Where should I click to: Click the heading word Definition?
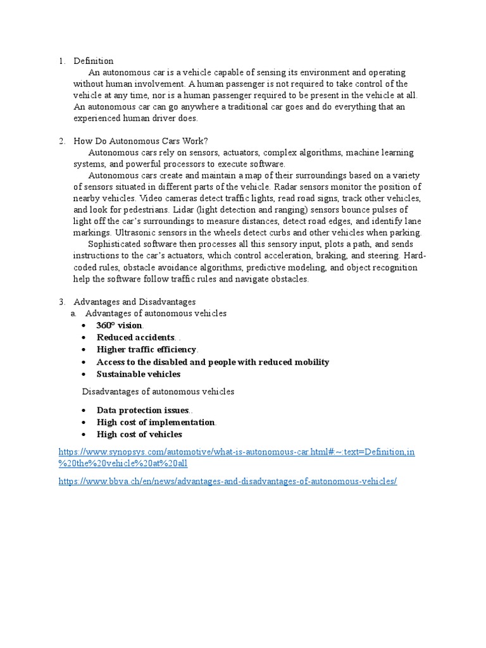(93, 61)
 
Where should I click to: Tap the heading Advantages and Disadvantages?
(134, 302)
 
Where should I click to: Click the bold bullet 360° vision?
(120, 325)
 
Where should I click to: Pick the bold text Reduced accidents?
(135, 337)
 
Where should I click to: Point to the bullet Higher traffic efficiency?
(146, 349)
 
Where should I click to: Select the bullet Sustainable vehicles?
(138, 374)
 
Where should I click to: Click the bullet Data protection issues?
(142, 410)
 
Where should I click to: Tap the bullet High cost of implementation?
(156, 422)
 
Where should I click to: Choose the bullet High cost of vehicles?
(139, 434)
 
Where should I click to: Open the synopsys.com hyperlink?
(236, 452)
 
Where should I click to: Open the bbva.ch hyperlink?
(227, 482)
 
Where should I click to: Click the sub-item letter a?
(73, 313)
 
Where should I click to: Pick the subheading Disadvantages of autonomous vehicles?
(158, 392)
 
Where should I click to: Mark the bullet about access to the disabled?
(213, 362)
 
